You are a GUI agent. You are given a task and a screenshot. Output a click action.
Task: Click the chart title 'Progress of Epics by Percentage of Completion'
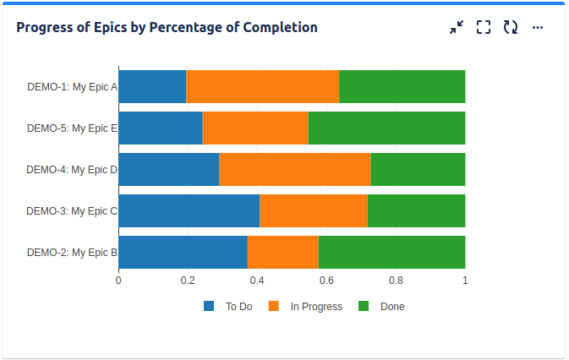click(167, 27)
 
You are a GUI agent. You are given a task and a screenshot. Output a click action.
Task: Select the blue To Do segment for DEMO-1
click(152, 86)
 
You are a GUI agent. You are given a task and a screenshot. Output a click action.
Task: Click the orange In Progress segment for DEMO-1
click(262, 86)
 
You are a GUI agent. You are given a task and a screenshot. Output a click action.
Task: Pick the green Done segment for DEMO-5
click(386, 128)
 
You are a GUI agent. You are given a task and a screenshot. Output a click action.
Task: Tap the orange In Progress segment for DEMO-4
click(294, 169)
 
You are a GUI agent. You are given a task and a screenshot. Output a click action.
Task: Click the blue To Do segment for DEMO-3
click(189, 210)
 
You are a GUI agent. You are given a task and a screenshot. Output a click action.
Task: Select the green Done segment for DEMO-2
click(391, 252)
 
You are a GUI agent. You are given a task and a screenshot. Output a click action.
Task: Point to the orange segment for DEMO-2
click(283, 252)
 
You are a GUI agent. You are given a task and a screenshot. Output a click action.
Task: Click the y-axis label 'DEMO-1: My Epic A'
click(72, 86)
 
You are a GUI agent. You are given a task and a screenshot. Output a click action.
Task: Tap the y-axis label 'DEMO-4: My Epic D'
click(72, 169)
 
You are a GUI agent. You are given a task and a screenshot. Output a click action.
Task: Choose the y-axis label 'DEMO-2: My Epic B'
click(72, 252)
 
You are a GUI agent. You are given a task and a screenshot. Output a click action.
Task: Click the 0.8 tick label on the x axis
click(396, 280)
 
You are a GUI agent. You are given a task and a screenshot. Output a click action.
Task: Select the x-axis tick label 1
click(465, 280)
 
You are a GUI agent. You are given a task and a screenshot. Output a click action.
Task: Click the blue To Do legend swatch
click(210, 306)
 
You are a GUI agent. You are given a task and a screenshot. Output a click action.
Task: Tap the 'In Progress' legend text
click(316, 307)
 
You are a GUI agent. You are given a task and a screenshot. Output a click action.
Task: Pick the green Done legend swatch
click(364, 306)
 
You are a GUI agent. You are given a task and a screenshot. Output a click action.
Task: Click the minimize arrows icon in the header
click(457, 27)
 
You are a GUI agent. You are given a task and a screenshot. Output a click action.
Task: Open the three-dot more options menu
click(538, 27)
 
